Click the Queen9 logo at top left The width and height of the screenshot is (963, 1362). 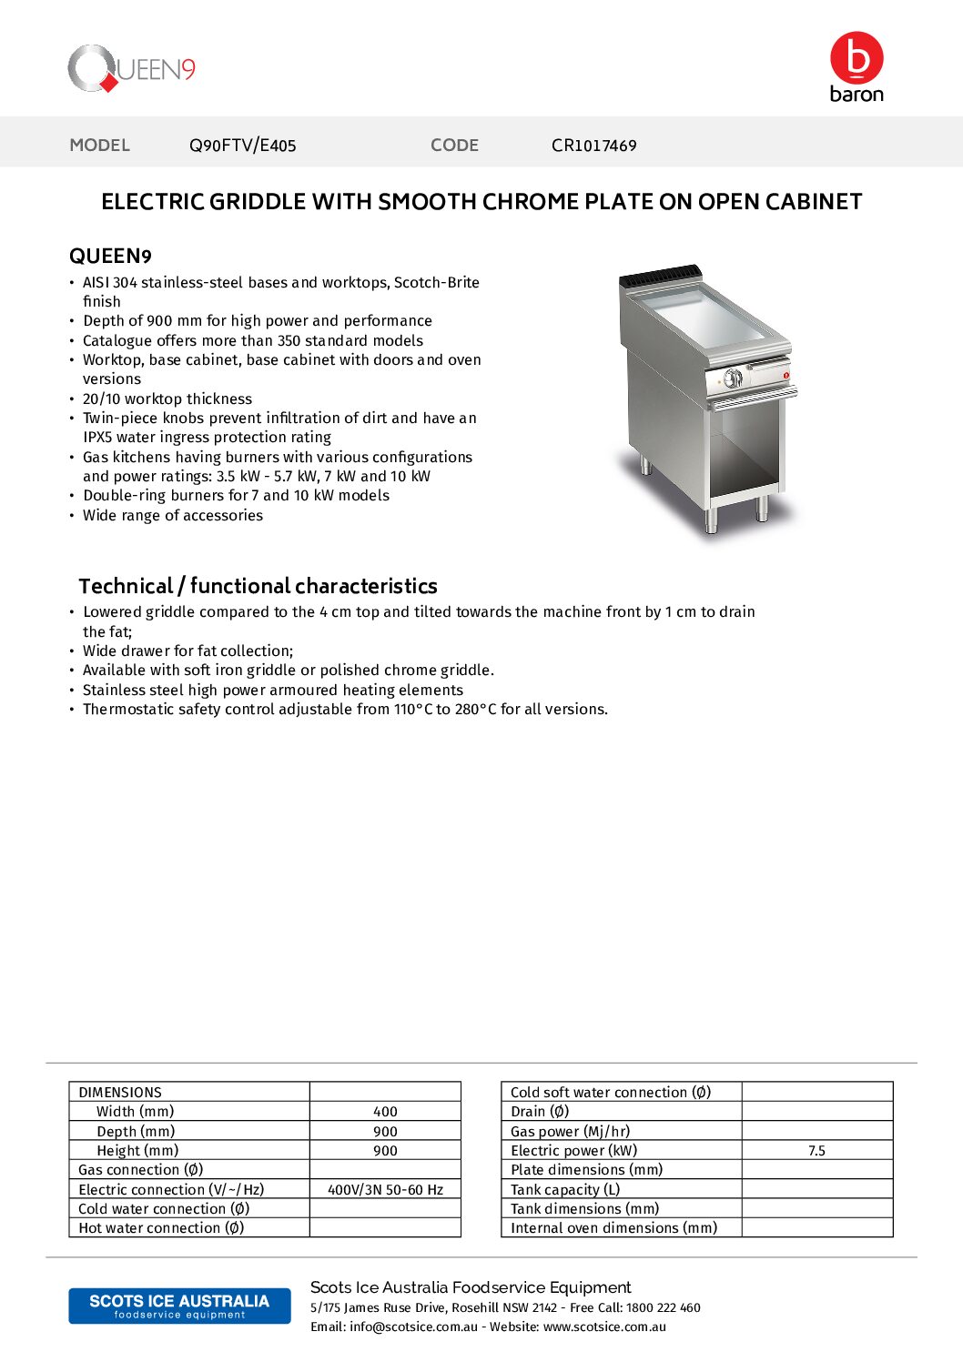pyautogui.click(x=132, y=69)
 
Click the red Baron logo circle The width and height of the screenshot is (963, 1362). pyautogui.click(x=856, y=58)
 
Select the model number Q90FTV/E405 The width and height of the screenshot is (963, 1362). pyautogui.click(x=242, y=146)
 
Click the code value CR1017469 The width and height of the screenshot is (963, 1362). pyautogui.click(x=593, y=146)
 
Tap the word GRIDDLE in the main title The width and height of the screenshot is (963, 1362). pyautogui.click(x=258, y=202)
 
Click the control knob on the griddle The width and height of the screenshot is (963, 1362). pyautogui.click(x=733, y=378)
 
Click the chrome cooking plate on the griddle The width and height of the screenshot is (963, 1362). pyautogui.click(x=705, y=314)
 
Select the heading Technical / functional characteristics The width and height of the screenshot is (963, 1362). pyautogui.click(x=258, y=586)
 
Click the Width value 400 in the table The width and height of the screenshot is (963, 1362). pyautogui.click(x=385, y=1112)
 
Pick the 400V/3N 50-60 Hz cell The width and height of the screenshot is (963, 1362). pyautogui.click(x=385, y=1189)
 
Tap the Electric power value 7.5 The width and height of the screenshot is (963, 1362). pyautogui.click(x=816, y=1151)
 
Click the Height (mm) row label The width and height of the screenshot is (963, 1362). pyautogui.click(x=137, y=1151)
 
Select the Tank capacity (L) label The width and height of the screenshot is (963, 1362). pyautogui.click(x=565, y=1189)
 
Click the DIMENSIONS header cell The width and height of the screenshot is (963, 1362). pyautogui.click(x=120, y=1092)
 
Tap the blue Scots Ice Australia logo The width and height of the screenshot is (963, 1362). pyautogui.click(x=179, y=1306)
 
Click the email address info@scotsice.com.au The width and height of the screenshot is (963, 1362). pyautogui.click(x=413, y=1327)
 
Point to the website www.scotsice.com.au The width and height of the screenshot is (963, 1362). pyautogui.click(x=604, y=1327)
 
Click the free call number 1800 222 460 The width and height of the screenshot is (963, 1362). pyautogui.click(x=663, y=1307)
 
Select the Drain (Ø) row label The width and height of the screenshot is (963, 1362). pyautogui.click(x=540, y=1112)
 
